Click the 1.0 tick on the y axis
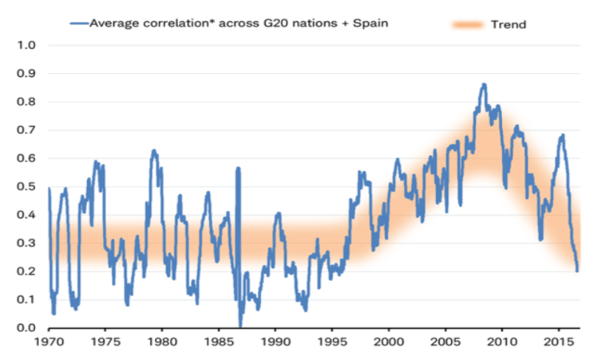27,46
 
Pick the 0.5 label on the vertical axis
27,187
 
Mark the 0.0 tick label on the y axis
27,328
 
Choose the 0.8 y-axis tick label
27,102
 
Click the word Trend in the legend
508,24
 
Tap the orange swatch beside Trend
467,24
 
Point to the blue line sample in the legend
79,23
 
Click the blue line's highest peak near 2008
483,85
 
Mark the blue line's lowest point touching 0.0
240,326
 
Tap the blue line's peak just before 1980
154,150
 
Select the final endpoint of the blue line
577,270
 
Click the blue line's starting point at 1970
49,188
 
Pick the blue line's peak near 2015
562,135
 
